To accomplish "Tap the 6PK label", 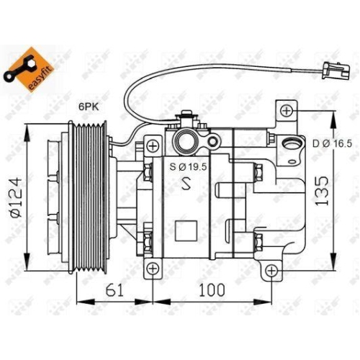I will click(89, 107).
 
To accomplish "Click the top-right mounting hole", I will click(287, 110).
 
